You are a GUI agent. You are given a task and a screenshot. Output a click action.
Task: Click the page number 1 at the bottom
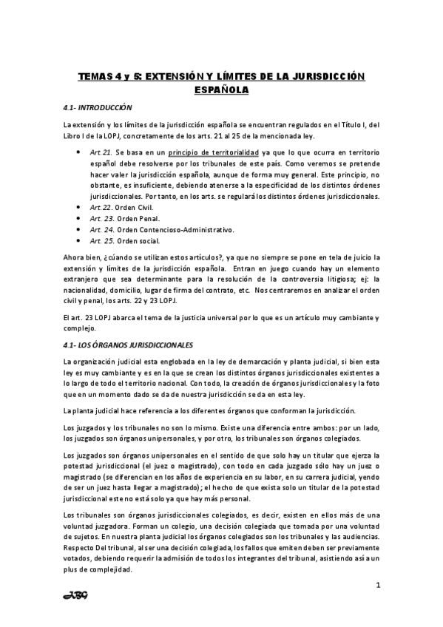click(378, 586)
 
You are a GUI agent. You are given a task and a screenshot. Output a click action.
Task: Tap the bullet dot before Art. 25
click(78, 242)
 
